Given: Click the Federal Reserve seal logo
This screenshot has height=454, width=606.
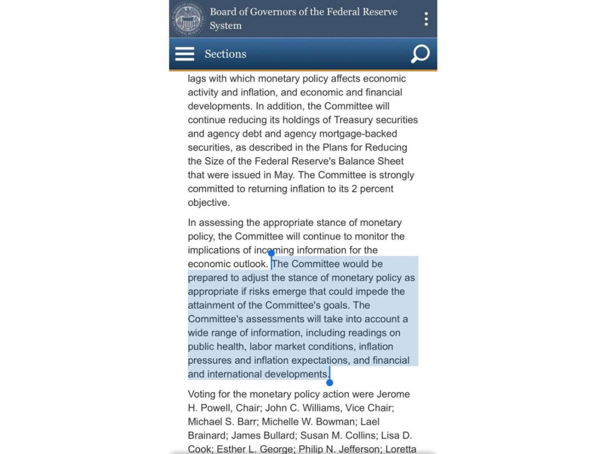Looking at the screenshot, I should click(189, 19).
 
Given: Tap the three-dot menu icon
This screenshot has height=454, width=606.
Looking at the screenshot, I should click(426, 19).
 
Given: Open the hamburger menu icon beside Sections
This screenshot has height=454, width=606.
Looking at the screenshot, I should click(184, 54).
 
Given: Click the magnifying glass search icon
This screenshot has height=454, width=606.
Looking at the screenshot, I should click(420, 54).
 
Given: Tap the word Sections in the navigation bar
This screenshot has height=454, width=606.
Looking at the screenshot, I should click(226, 54).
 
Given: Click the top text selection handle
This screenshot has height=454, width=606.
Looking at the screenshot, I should click(271, 254).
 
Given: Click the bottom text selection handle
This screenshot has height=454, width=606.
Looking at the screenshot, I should click(329, 382).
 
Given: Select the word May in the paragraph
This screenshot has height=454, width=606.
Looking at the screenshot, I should click(271, 175).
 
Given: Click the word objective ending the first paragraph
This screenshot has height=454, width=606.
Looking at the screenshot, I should click(209, 202).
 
